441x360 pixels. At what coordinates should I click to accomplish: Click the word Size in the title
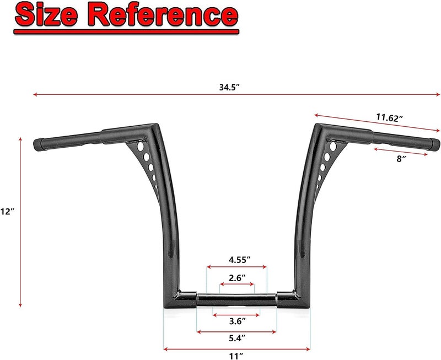(x=47, y=14)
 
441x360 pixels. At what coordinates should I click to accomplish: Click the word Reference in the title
(x=163, y=14)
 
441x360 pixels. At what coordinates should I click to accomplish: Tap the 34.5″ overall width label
(x=229, y=87)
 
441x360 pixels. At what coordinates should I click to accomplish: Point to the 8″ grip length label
(x=401, y=159)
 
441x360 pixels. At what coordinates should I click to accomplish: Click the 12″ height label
(x=7, y=211)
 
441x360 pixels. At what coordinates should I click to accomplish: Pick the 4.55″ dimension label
(x=239, y=260)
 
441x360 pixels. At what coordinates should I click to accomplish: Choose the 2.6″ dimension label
(x=237, y=278)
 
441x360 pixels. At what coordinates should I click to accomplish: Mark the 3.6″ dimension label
(x=238, y=321)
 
